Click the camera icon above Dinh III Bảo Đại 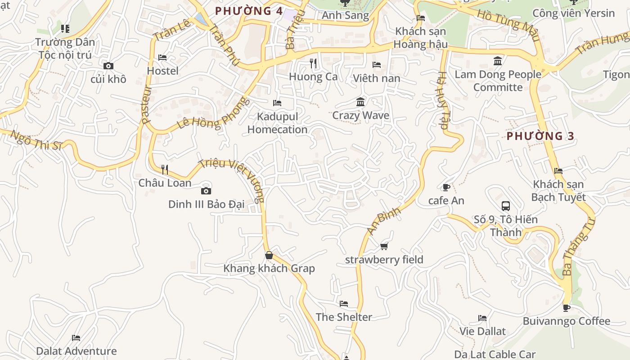coord(206,191)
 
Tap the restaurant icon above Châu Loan coord(165,169)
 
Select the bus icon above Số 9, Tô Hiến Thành coord(506,206)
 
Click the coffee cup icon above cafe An coord(446,187)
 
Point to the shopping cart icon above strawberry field coord(384,246)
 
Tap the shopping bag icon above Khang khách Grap coord(269,255)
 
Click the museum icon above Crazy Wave coord(360,102)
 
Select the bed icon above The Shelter coord(344,304)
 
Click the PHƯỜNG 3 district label coord(540,136)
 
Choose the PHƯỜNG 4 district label coord(249,11)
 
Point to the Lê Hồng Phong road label coord(212,113)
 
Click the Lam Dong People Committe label coord(498,81)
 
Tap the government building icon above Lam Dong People coord(498,61)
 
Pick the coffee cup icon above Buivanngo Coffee coord(566,308)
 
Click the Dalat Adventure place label coord(76,351)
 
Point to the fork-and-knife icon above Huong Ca coord(313,63)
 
